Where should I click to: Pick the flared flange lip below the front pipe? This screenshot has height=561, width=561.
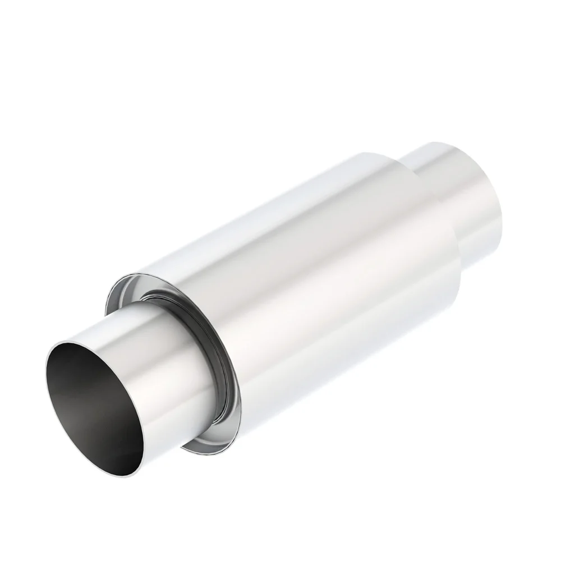[x=208, y=446]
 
